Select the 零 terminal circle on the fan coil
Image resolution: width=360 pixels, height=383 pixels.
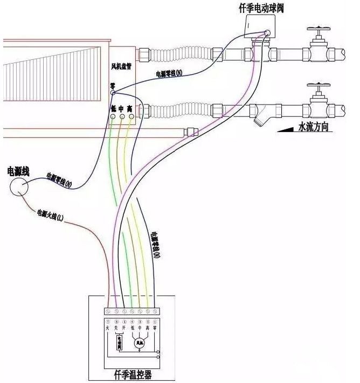[113, 93]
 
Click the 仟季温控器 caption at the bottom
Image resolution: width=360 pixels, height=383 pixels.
[132, 373]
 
